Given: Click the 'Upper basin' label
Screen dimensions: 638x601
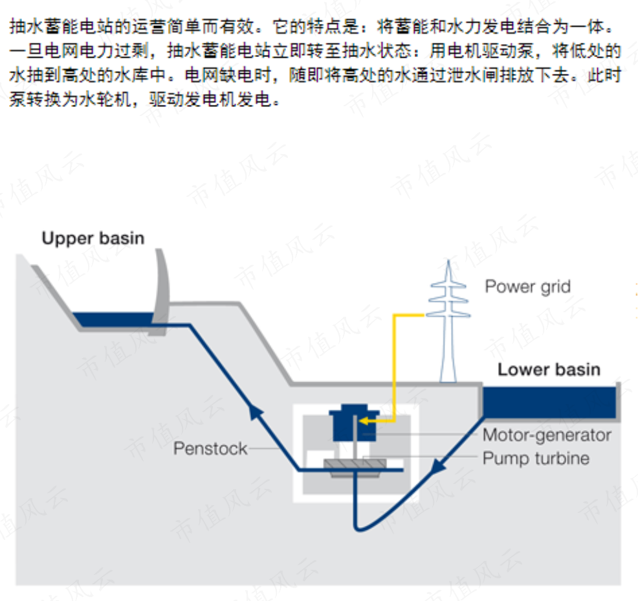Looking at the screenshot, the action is click(x=93, y=238).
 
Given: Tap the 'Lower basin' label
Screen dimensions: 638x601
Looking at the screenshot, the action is click(x=549, y=369).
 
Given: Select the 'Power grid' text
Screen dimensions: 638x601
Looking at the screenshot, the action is click(x=528, y=287).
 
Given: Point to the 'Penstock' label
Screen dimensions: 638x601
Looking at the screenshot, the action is click(x=210, y=448).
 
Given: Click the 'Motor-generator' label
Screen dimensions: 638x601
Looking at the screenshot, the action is click(x=547, y=435).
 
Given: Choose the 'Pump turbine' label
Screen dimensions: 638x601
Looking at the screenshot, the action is click(x=536, y=459).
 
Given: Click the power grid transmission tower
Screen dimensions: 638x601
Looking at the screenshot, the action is click(x=448, y=322).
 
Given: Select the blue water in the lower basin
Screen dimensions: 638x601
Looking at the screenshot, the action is click(x=549, y=402).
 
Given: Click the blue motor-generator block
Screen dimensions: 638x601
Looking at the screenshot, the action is click(x=353, y=423).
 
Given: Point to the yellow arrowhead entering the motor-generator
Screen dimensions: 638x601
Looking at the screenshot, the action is click(x=364, y=420).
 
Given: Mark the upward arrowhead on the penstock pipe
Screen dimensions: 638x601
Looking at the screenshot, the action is click(x=255, y=411).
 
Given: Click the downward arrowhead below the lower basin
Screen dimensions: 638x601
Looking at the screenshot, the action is click(x=437, y=466).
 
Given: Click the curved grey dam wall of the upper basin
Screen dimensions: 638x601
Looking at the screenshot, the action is click(x=161, y=291).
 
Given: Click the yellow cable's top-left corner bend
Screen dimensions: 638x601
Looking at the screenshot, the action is click(x=394, y=315).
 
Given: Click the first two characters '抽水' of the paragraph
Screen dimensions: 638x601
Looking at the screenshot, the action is click(x=27, y=27).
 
